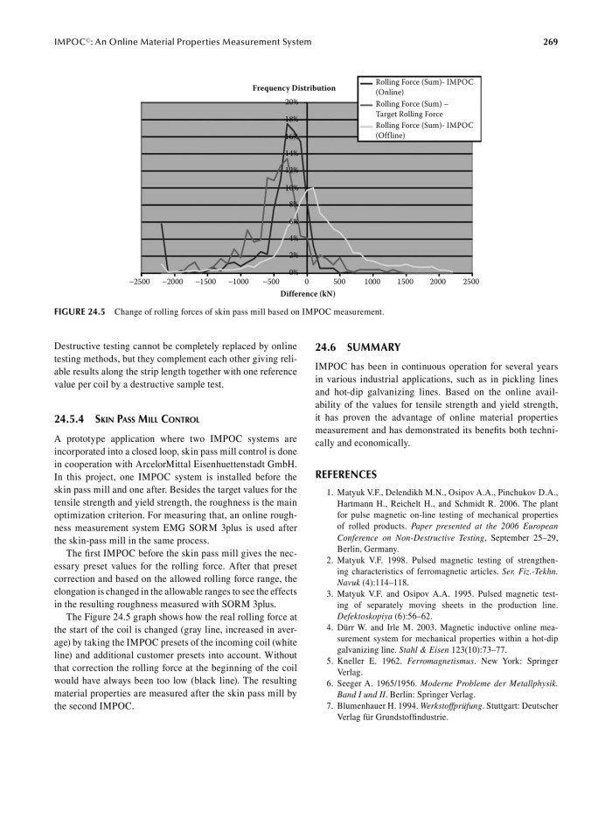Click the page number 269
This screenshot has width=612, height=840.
point(550,41)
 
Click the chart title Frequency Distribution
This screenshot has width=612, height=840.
point(294,88)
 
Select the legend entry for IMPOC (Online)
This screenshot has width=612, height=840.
point(423,86)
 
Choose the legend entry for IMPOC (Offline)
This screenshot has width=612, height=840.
point(423,129)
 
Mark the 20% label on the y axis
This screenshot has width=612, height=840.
point(292,102)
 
